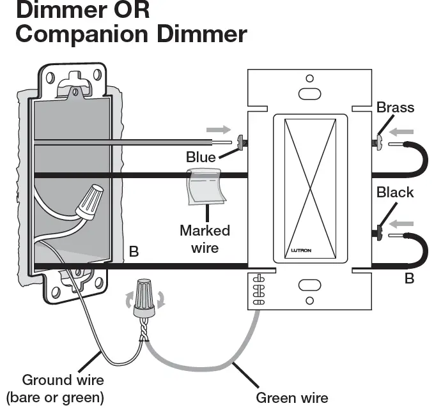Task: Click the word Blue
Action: click(201, 156)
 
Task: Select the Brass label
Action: click(395, 107)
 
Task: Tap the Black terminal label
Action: click(395, 192)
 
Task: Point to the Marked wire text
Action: click(205, 238)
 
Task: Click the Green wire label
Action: click(292, 398)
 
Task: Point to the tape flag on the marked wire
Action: click(205, 188)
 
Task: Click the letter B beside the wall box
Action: click(134, 252)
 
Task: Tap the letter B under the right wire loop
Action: click(409, 278)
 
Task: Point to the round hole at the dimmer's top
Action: click(309, 79)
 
